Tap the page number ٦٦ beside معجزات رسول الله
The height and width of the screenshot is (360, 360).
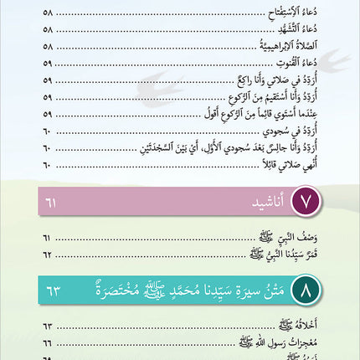pos(47,344)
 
